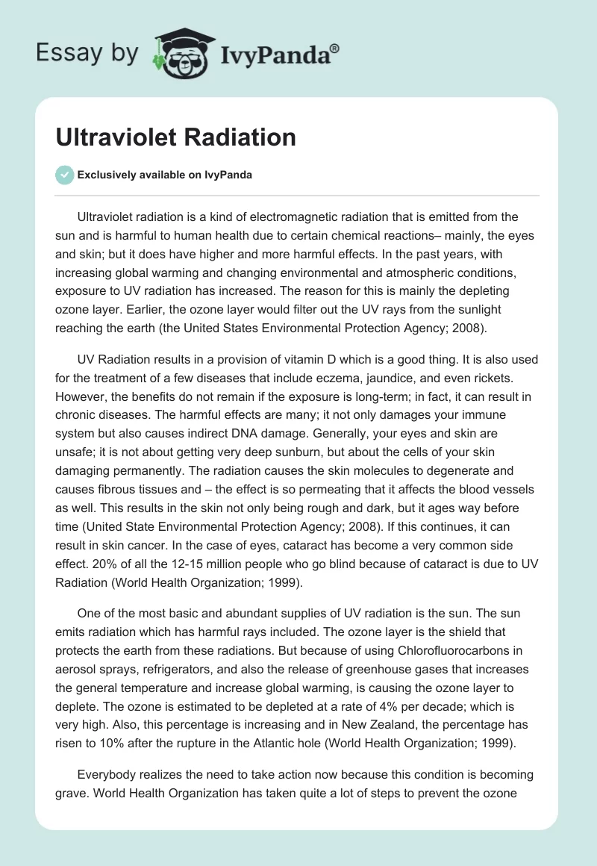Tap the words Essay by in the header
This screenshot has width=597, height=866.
click(x=87, y=53)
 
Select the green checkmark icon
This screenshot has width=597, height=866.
click(x=64, y=175)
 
